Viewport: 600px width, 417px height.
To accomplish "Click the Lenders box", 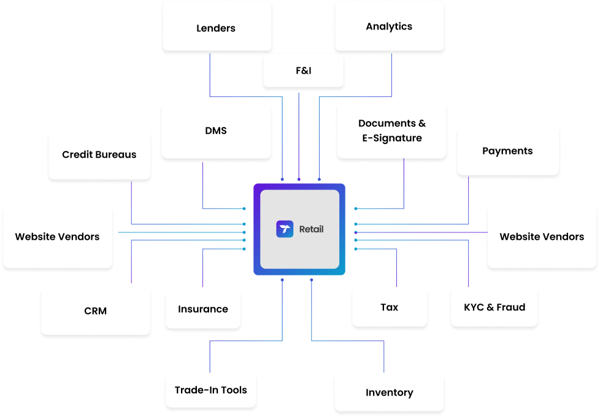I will click(x=216, y=28).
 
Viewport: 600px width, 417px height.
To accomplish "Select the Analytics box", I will click(x=389, y=26).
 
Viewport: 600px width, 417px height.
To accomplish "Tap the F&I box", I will click(x=303, y=71).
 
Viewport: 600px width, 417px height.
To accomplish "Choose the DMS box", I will click(x=216, y=131).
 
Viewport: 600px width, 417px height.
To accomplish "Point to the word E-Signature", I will click(x=391, y=138).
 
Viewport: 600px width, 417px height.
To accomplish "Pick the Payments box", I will click(x=507, y=151).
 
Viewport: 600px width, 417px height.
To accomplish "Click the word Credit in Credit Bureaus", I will click(x=77, y=155).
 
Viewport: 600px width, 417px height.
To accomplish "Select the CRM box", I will click(x=95, y=311).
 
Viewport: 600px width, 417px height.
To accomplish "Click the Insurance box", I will click(x=203, y=309).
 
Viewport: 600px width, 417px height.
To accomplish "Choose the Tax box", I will click(x=389, y=307).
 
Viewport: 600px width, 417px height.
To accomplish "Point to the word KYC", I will click(x=475, y=307).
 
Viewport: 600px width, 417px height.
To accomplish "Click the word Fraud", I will click(x=511, y=307).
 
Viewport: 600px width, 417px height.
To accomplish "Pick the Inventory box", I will click(x=389, y=392).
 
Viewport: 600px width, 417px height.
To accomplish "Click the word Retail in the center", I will click(x=311, y=229).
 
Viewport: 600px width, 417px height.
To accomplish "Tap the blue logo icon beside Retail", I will click(x=285, y=229).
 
